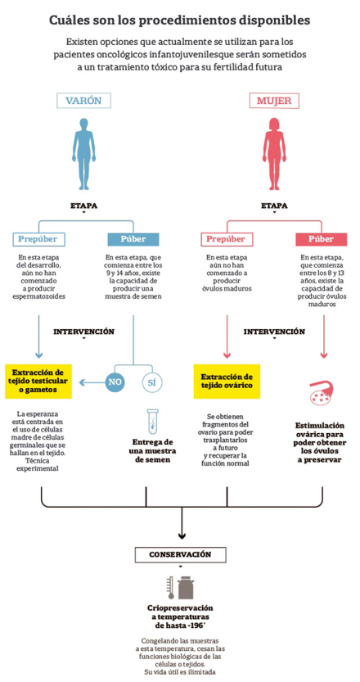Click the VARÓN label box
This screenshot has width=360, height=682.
coord(83,101)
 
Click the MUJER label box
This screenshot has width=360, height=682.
coord(274,101)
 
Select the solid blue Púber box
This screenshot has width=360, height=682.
coord(133,239)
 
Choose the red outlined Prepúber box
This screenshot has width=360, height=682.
coord(227,239)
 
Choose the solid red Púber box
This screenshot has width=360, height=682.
coord(322,239)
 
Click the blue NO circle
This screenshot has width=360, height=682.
coord(115,382)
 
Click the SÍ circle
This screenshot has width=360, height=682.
coord(152,382)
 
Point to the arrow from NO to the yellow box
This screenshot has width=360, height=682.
coord(92,382)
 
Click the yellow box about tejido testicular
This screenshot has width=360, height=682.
coord(38,382)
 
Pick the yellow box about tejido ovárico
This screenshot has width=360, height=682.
coord(227,382)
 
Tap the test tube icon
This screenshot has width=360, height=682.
coord(152,422)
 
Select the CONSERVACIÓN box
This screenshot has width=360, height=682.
coord(181,555)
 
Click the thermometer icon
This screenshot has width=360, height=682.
coord(171,588)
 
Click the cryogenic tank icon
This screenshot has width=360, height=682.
coord(186,588)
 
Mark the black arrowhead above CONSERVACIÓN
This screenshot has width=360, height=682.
coord(182,535)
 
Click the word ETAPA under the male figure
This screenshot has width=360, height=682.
coord(83,206)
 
